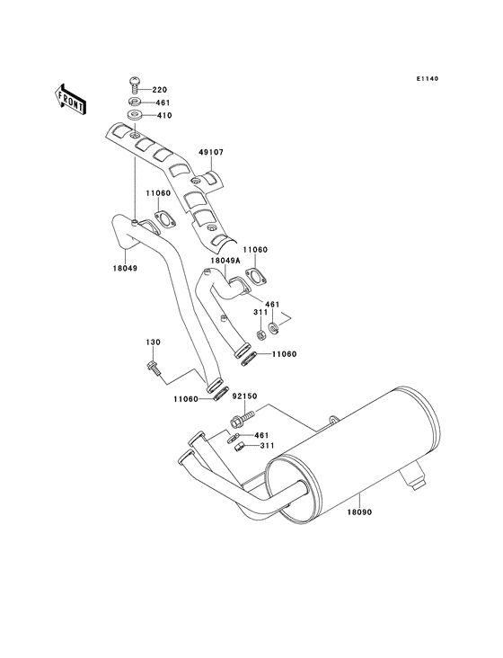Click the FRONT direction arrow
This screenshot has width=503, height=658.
[x=71, y=97]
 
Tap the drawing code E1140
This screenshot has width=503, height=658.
[x=426, y=78]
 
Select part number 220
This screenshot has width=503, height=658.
[x=160, y=90]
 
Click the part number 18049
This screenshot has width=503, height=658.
[x=125, y=266]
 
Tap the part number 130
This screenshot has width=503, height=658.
[x=154, y=342]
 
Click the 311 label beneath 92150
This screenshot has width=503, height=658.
[x=267, y=445]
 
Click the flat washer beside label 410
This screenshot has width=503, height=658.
[x=134, y=116]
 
